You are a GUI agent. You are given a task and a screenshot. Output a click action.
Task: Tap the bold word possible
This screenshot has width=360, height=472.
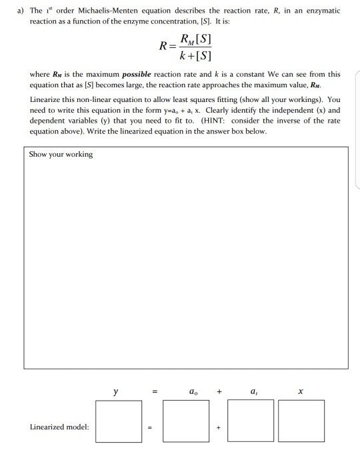pos(137,74)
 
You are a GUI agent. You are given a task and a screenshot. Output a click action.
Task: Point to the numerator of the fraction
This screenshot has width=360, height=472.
pos(192,38)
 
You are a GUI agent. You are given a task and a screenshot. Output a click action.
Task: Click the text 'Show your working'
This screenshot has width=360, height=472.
pos(61,155)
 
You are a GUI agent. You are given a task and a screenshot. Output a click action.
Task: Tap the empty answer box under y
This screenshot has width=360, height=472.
pos(119,421)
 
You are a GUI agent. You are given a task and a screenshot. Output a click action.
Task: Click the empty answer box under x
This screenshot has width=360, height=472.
pos(301,421)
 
